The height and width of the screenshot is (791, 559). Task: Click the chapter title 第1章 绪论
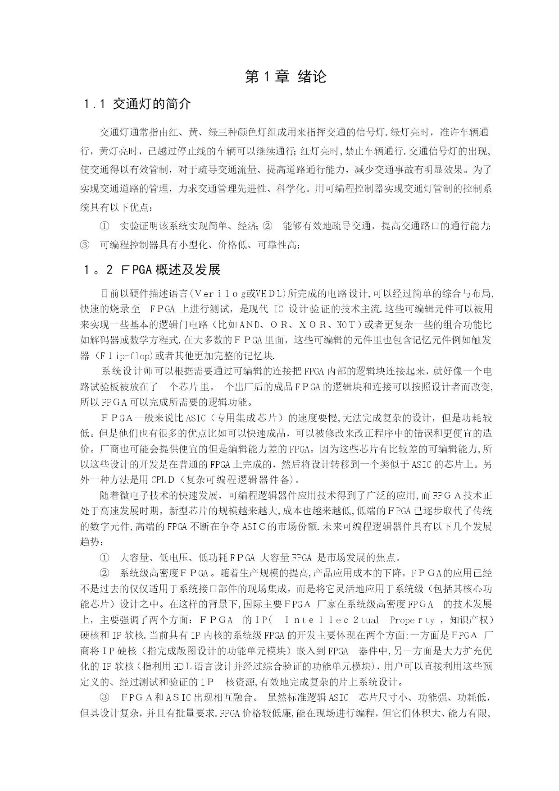point(286,77)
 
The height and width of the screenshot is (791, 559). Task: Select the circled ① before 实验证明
point(105,226)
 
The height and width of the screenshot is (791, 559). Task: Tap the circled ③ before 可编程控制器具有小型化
point(85,246)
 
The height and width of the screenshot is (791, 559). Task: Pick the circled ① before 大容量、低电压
point(105,558)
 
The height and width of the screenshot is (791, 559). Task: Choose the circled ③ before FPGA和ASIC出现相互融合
point(105,698)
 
